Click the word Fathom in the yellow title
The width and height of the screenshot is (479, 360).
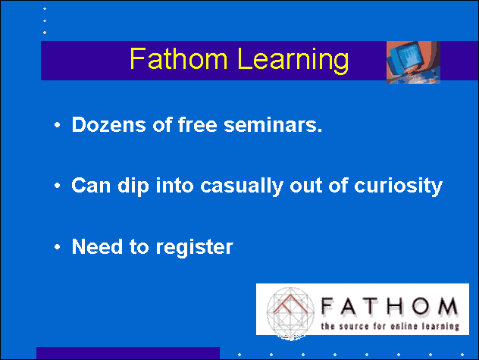tap(179, 58)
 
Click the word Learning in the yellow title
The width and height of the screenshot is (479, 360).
tap(293, 60)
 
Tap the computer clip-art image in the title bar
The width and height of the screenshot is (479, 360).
tap(413, 62)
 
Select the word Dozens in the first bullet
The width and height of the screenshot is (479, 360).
tap(108, 125)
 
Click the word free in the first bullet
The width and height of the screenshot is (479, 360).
tap(197, 125)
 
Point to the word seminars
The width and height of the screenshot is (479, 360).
tap(273, 125)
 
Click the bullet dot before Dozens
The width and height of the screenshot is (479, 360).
tap(57, 125)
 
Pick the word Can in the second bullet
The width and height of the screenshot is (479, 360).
tap(91, 185)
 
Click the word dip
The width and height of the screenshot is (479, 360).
tap(133, 186)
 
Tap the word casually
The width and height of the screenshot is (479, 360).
tap(241, 186)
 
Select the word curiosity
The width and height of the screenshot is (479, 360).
tap(398, 186)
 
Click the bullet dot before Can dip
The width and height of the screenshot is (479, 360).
tap(57, 185)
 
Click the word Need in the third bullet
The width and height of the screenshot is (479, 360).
tap(97, 246)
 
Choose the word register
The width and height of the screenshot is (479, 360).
tap(195, 248)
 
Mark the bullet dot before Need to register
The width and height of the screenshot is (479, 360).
tap(57, 246)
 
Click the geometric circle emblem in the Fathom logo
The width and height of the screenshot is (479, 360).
tap(290, 313)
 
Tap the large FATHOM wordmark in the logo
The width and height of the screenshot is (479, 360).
tap(390, 306)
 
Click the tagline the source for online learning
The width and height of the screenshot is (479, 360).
tap(390, 326)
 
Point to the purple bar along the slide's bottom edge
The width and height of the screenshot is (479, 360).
tap(128, 353)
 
